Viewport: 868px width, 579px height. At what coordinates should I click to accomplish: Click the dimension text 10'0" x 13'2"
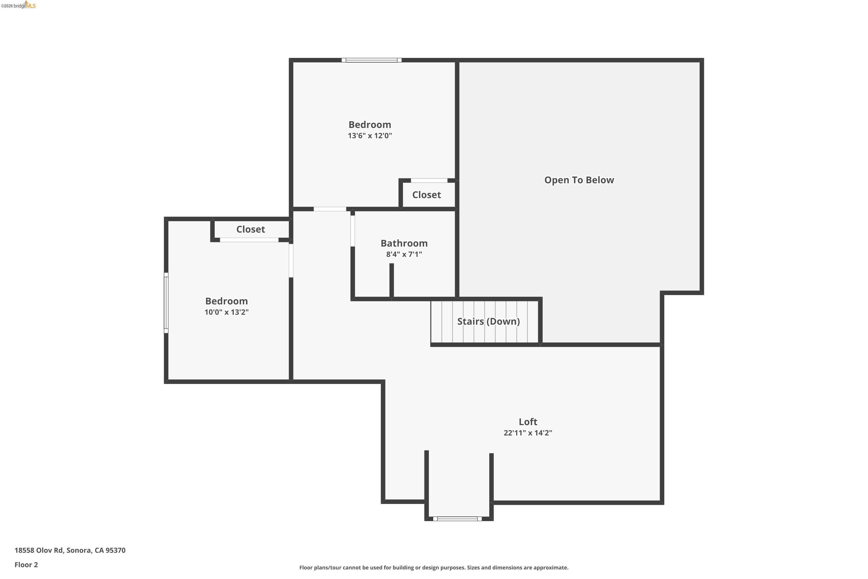click(x=226, y=312)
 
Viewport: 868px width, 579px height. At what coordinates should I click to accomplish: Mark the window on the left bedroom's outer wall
click(x=166, y=303)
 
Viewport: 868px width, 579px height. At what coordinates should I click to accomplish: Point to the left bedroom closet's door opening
click(x=249, y=240)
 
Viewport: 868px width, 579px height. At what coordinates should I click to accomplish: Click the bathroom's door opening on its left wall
click(x=352, y=231)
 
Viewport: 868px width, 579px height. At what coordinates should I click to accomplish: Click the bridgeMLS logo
click(x=19, y=5)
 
